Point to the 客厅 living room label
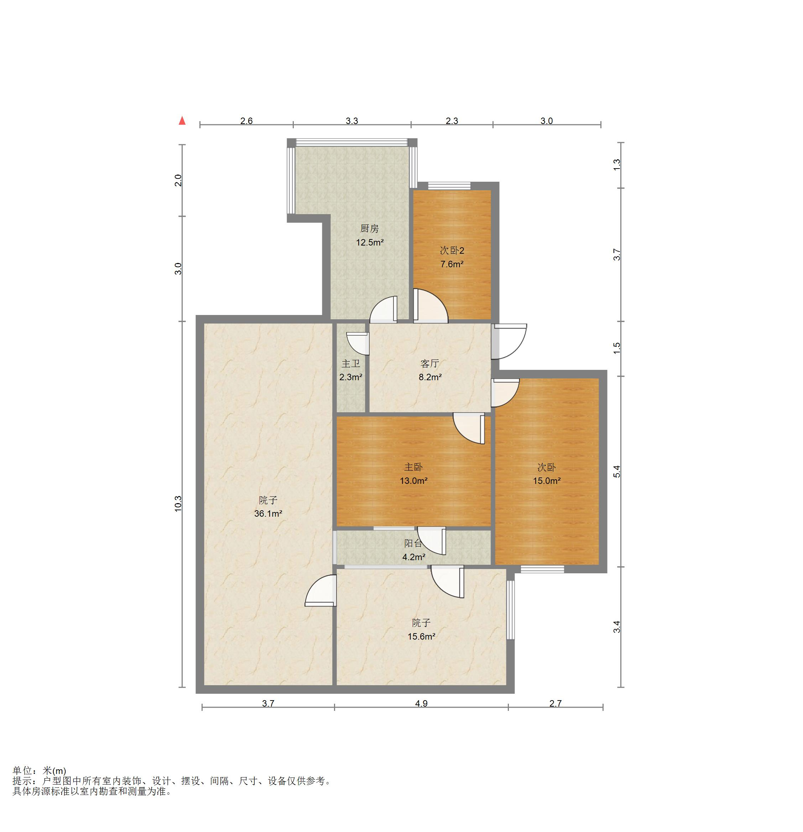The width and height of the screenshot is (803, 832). [429, 363]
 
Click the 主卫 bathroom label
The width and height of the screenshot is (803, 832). [351, 363]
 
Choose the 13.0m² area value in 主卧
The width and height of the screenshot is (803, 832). [413, 481]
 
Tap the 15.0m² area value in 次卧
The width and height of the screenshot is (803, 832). [546, 481]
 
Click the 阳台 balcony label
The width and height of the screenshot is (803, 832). [413, 543]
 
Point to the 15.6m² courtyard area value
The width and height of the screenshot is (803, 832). [421, 636]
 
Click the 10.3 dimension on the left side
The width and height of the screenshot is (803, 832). [178, 503]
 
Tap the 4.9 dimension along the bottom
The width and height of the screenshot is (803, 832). [421, 703]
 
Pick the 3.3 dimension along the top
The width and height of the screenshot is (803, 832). [352, 121]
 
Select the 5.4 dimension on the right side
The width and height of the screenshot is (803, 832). [617, 472]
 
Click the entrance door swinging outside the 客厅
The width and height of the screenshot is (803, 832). [509, 342]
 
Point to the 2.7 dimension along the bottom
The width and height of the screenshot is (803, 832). [555, 703]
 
